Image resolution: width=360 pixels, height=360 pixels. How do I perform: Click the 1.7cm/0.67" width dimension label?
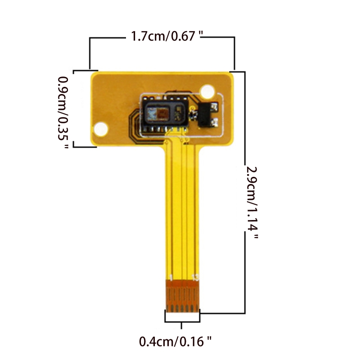tap(166, 36)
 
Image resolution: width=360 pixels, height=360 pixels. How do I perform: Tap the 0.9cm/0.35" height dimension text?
tap(63, 112)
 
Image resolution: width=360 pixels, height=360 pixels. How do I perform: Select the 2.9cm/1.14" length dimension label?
tap(252, 203)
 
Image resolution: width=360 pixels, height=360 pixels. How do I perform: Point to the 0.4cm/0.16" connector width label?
tap(175, 342)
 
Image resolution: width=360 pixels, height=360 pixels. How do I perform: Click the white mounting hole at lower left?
tap(101, 129)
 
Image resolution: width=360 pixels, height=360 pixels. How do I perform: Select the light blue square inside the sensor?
tap(152, 114)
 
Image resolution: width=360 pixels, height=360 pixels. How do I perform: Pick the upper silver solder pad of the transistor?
tap(215, 107)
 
